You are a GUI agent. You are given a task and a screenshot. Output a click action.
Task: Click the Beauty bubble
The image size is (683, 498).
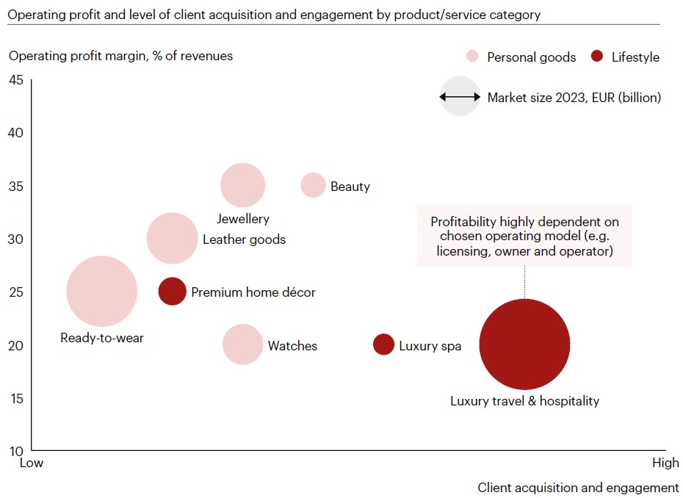313,185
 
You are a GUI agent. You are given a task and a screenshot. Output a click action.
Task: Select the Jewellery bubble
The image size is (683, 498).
242,185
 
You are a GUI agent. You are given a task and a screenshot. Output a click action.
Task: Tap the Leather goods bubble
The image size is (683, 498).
173,238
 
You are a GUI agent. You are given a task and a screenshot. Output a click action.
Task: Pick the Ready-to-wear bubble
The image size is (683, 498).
101,291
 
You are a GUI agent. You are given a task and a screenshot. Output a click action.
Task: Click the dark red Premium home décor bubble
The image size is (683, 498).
172,291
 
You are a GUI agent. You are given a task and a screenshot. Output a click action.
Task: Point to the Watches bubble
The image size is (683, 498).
242,344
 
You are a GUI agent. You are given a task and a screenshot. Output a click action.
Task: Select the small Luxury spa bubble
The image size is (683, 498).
383,344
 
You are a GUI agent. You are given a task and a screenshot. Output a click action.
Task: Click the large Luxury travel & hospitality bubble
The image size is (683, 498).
524,344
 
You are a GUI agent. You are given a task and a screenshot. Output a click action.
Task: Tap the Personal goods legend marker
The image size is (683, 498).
473,57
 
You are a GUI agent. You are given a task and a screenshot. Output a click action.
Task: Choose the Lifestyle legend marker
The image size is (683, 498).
598,57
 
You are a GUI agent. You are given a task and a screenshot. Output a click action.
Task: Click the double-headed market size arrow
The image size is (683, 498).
460,96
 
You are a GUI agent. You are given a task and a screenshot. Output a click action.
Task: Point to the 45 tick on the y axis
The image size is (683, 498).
16,80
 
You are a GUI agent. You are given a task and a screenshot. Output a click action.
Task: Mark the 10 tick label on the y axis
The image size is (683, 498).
16,450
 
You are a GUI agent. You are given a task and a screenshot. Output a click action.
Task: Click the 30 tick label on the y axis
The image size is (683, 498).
16,239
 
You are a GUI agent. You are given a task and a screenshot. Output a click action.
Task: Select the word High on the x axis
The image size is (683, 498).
665,463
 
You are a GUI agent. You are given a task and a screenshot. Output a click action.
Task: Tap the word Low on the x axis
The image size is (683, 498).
31,463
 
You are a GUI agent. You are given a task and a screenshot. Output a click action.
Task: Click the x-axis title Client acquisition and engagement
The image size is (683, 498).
578,488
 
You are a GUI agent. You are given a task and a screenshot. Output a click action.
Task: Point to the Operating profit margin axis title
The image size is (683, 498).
120,56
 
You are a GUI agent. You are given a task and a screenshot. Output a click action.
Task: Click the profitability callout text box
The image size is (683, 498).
524,236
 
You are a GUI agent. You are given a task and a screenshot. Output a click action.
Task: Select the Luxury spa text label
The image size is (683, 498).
430,345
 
